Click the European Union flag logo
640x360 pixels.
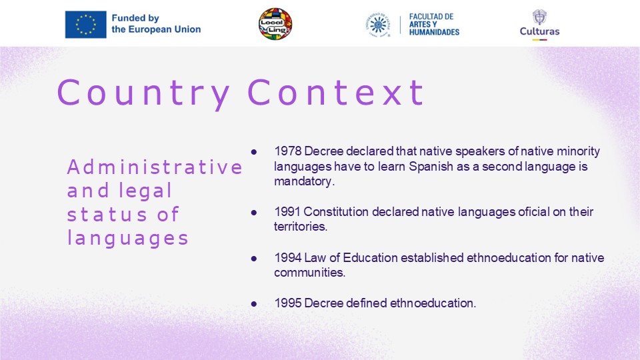click(x=86, y=25)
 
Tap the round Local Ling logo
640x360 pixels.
click(x=275, y=24)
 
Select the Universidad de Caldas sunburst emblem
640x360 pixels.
click(x=378, y=25)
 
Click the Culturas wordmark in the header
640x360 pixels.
click(x=539, y=31)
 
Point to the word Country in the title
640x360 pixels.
click(x=143, y=93)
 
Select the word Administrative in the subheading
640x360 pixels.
click(x=155, y=167)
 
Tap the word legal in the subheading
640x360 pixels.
click(x=145, y=191)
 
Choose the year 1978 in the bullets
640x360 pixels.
click(x=288, y=151)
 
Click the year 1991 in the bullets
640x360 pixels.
click(x=287, y=212)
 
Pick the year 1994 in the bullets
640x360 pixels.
click(x=288, y=257)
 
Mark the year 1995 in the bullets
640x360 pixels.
click(x=288, y=303)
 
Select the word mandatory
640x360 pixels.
click(x=304, y=181)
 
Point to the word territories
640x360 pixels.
click(x=301, y=227)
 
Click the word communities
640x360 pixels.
click(x=309, y=272)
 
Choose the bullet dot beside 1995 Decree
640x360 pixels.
click(x=254, y=304)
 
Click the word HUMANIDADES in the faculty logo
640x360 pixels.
click(x=434, y=32)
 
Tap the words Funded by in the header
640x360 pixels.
click(x=135, y=18)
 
